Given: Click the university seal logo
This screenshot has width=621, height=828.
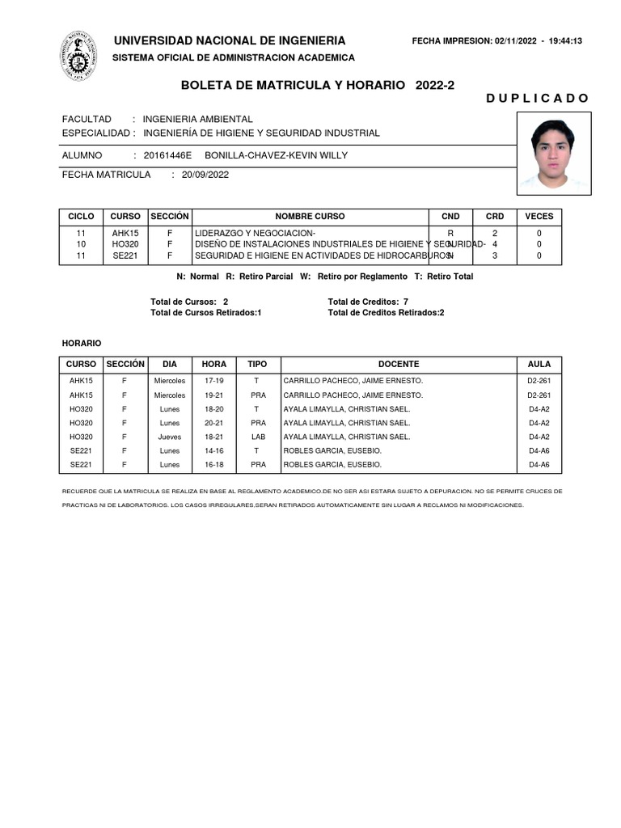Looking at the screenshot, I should click(x=78, y=56).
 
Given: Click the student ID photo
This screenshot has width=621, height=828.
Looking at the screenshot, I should click(x=554, y=154).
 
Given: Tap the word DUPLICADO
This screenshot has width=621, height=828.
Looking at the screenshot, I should click(x=537, y=99).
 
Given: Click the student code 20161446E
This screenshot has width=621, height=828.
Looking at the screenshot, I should click(x=167, y=155).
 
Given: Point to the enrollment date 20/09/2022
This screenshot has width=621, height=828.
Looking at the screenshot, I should click(x=205, y=174).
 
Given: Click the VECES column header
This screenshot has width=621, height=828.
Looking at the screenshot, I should click(x=539, y=216).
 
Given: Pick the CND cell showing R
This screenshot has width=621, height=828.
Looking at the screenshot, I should click(x=450, y=233).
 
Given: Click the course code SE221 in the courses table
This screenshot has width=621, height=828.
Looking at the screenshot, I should click(x=125, y=256).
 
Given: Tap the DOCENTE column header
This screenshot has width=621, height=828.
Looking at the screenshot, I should click(x=398, y=365).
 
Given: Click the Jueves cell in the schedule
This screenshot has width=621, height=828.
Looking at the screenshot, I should click(x=170, y=437).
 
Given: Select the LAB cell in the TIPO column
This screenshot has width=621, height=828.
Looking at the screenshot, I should click(x=256, y=437).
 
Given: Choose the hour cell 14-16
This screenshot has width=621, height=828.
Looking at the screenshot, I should click(x=213, y=450).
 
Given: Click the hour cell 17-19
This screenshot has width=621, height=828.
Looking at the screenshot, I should click(x=213, y=380).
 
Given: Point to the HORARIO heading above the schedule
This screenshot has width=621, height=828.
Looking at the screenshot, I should click(x=82, y=344).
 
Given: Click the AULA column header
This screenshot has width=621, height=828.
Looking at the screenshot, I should click(x=539, y=365).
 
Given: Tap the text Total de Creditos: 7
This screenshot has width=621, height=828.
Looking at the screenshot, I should click(x=368, y=302).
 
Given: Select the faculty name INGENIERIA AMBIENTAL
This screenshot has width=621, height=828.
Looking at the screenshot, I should click(x=198, y=119).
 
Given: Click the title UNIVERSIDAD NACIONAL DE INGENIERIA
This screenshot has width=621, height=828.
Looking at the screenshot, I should click(x=230, y=41).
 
